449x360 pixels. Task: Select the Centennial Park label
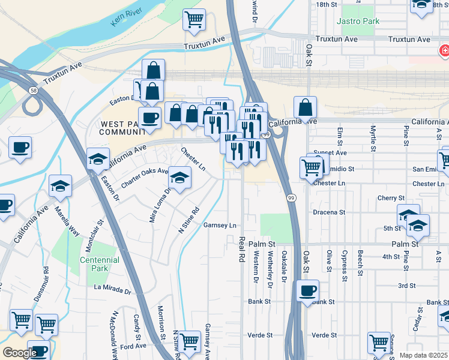click(x=100, y=264)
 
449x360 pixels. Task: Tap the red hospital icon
click(x=445, y=52)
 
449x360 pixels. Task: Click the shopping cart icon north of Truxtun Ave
click(x=194, y=20)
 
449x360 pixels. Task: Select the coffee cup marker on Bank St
click(x=307, y=292)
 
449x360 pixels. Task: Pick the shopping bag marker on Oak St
click(x=306, y=108)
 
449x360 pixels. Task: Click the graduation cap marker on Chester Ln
click(x=179, y=178)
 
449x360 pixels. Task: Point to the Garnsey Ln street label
click(x=220, y=226)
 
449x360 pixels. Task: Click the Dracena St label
click(x=329, y=212)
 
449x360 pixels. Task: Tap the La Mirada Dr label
click(x=112, y=289)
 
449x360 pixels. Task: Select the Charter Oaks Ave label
click(x=145, y=178)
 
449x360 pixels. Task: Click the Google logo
click(x=19, y=352)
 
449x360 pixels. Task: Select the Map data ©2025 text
click(x=423, y=355)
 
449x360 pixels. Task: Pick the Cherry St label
click(x=391, y=198)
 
